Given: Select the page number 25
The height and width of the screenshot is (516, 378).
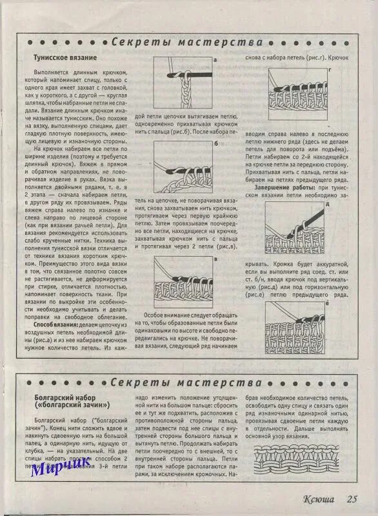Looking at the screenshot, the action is tap(352, 499).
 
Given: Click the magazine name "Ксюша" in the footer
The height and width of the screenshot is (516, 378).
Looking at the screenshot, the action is tap(319, 499).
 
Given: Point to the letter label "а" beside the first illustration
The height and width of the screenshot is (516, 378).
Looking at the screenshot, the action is tap(214, 59).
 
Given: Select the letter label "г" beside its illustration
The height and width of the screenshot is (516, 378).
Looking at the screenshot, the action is tap(330, 68).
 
